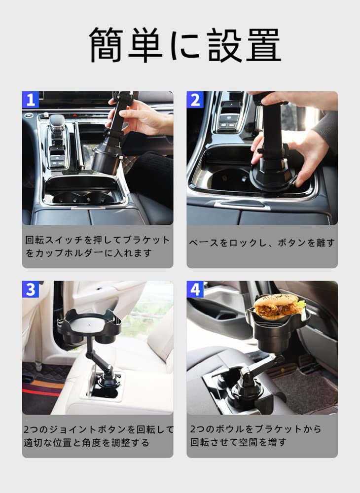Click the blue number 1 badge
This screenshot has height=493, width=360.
(x=31, y=100)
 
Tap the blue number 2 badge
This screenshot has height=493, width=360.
(x=195, y=100)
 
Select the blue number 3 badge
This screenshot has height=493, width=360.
(x=31, y=289)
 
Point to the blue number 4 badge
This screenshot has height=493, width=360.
(x=195, y=289)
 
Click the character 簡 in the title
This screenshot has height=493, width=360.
(x=106, y=45)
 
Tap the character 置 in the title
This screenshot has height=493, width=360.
(x=263, y=45)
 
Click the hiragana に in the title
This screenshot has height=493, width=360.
(x=184, y=45)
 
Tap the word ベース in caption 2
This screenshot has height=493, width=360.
(x=204, y=243)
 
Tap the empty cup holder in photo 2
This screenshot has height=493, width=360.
(x=227, y=180)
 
